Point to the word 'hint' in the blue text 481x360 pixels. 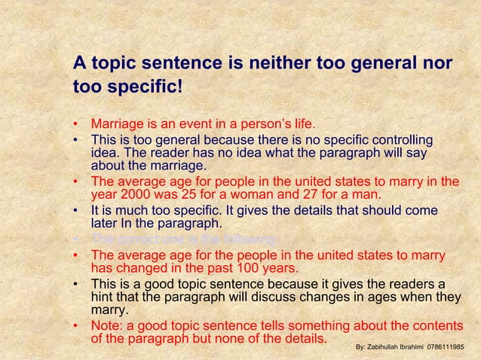click(104, 297)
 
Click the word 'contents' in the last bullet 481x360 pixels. click(436, 326)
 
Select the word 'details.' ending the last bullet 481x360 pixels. click(302, 338)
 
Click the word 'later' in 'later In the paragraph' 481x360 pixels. click(104, 223)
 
